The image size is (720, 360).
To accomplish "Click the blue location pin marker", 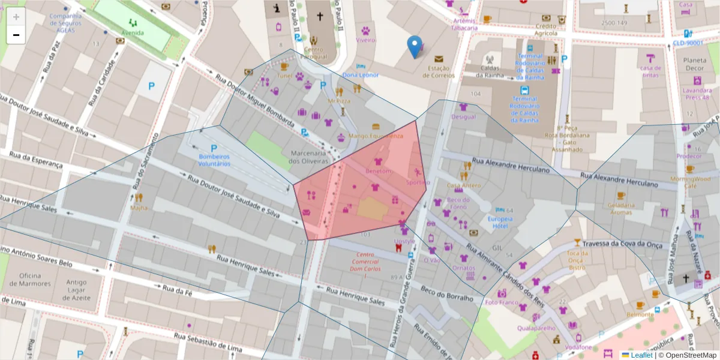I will click(414, 46).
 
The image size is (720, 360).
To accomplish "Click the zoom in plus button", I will click(16, 17).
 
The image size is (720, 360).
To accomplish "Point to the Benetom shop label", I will click(378, 171).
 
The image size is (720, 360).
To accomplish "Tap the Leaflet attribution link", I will click(641, 355).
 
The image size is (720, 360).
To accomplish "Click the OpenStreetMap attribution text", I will click(688, 355).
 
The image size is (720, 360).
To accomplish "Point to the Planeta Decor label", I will click(695, 64).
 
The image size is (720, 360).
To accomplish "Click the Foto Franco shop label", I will click(501, 302).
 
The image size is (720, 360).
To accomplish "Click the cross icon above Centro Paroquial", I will click(320, 16).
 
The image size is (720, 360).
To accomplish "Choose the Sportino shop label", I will click(418, 182).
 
